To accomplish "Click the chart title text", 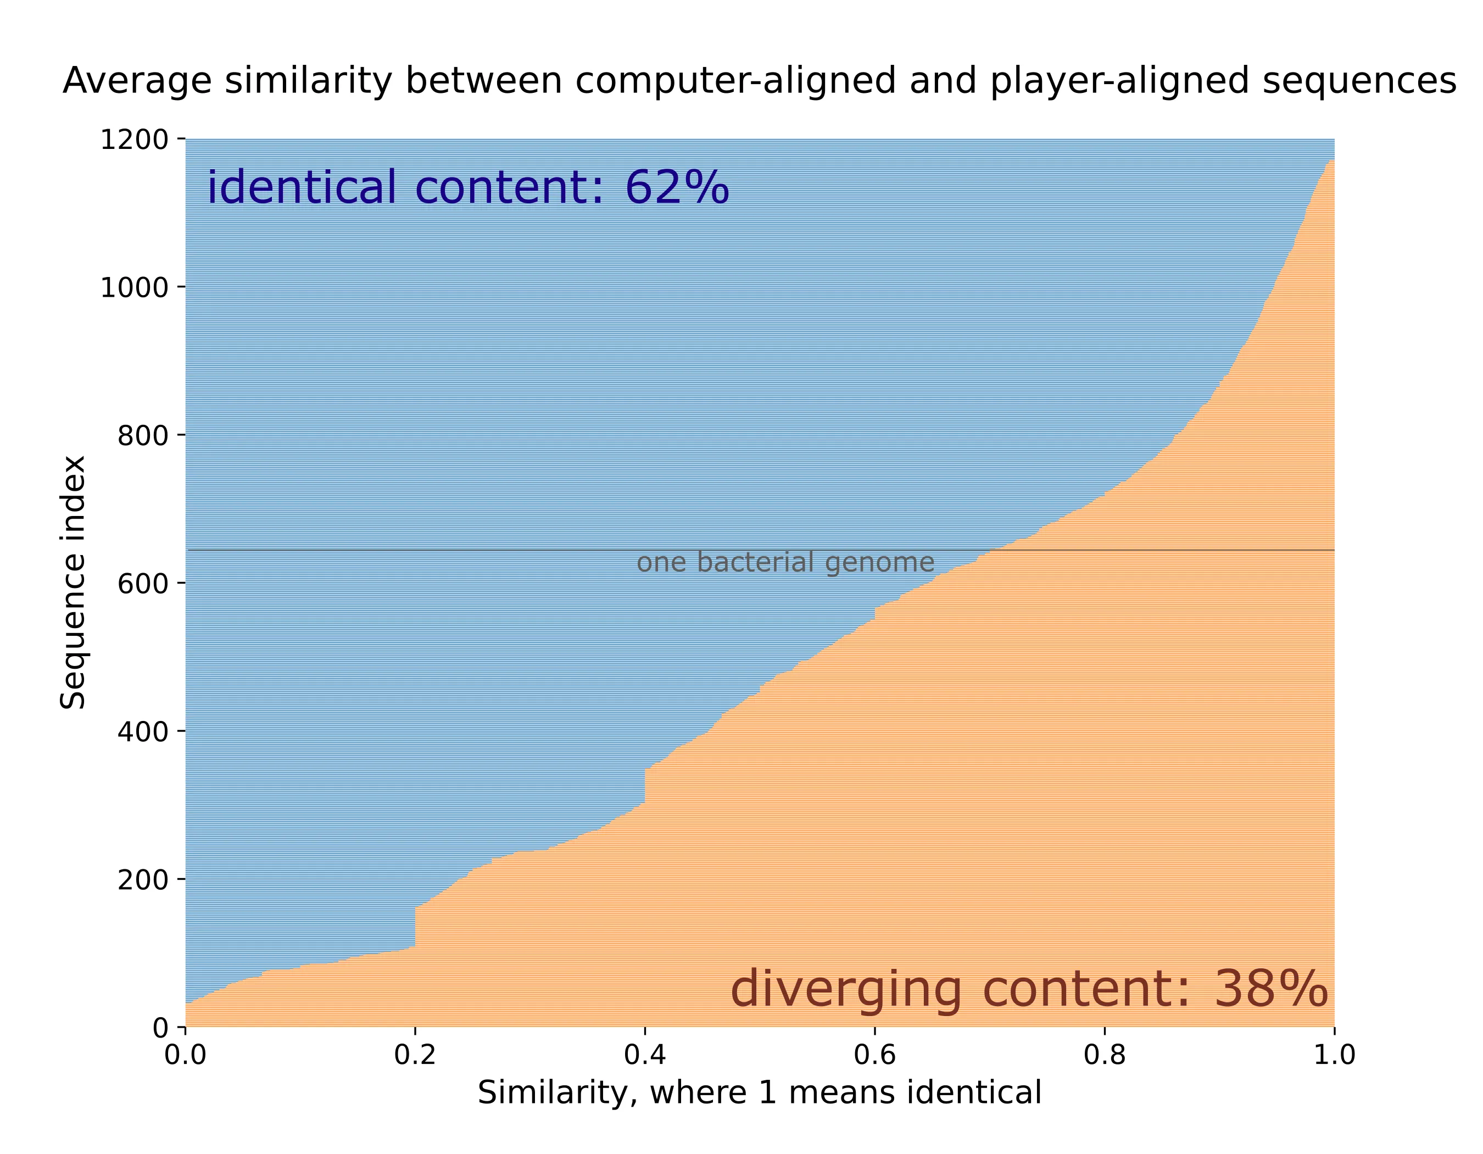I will [x=759, y=81].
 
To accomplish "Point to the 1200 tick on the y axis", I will [x=135, y=140].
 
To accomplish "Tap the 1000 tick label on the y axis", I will [x=135, y=288].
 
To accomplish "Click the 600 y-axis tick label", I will [x=143, y=584].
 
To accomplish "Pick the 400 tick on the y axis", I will [x=143, y=731].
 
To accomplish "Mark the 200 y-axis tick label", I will [x=143, y=880].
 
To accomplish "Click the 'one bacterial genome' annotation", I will [x=785, y=563].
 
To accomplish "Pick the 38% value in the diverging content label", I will [x=1270, y=990].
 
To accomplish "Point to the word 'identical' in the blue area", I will [x=302, y=187].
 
